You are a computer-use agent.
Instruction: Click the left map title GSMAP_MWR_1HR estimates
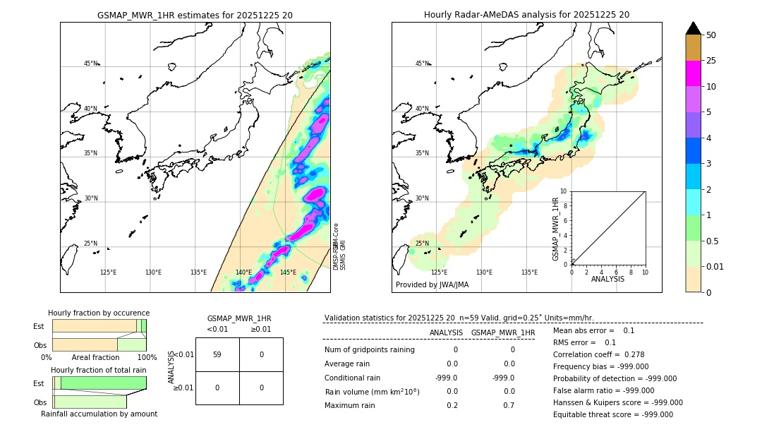coord(195,15)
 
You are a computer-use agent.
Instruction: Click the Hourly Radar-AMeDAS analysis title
coord(526,15)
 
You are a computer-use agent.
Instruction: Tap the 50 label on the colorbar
coord(712,35)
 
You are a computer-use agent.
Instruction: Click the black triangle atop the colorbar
coord(694,28)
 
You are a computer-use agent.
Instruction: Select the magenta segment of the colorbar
coord(694,73)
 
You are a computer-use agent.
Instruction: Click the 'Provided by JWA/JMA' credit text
coord(432,285)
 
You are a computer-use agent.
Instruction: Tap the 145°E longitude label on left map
coord(288,272)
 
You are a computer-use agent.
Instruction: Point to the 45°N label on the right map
coord(421,64)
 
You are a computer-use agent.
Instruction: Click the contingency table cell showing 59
coord(217,354)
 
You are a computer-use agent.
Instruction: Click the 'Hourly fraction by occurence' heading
coord(99,313)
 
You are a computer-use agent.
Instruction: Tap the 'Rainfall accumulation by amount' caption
coord(99,414)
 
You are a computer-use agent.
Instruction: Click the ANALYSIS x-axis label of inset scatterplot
coord(608,279)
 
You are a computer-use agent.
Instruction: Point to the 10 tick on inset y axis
coord(563,191)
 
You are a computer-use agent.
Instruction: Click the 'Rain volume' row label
coord(372,392)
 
